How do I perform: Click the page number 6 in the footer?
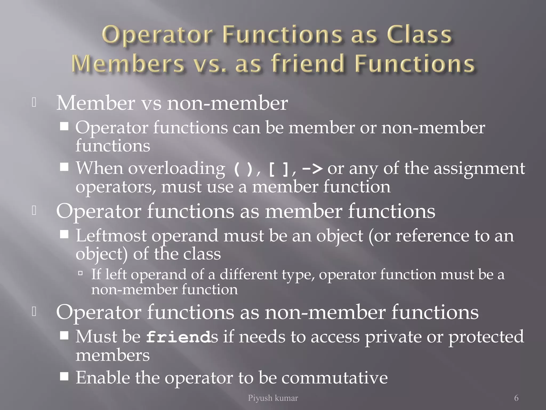[x=516, y=398]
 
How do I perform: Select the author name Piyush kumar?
[x=273, y=398]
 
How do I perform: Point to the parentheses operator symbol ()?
[x=243, y=169]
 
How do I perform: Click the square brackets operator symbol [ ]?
[x=278, y=169]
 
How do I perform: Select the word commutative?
[x=335, y=378]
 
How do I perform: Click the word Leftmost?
[x=111, y=236]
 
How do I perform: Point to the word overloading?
[x=176, y=169]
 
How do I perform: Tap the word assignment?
[x=479, y=169]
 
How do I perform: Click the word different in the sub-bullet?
[x=248, y=274]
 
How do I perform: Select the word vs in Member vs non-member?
[x=151, y=103]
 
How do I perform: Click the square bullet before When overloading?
[x=64, y=167]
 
